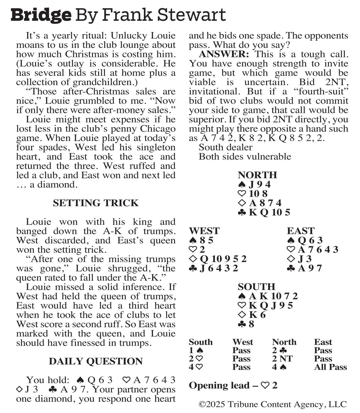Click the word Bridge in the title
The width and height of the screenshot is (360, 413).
41,15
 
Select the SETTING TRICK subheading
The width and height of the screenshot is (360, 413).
96,203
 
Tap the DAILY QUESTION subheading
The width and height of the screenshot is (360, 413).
96,361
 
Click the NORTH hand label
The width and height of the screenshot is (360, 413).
257,175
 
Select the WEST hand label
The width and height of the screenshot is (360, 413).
204,231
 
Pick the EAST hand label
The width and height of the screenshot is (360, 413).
301,231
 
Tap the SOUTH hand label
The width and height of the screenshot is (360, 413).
256,287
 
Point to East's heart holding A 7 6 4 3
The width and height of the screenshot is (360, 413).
318,250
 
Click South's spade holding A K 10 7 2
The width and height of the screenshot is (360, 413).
273,296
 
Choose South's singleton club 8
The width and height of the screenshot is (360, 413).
251,324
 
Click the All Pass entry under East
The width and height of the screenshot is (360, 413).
330,367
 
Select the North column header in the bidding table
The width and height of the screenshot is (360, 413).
284,342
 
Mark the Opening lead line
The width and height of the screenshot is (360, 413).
233,386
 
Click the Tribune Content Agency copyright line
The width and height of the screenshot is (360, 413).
273,404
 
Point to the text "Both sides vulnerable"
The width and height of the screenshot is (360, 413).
245,157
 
